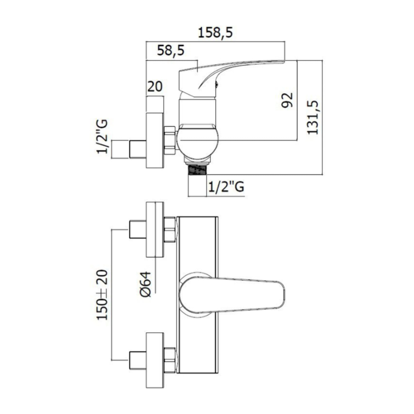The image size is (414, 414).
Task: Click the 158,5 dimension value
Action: point(215,33)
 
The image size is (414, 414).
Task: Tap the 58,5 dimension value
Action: point(171,51)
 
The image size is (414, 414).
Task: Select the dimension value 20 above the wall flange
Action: point(155,87)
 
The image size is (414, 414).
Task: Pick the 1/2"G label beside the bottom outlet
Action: point(226,187)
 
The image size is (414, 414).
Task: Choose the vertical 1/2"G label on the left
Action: point(102,137)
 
